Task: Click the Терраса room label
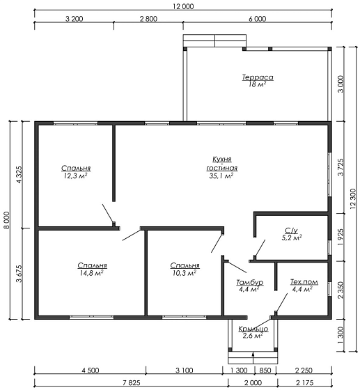click(258, 77)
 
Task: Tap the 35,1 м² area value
click(221, 175)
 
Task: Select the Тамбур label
click(249, 283)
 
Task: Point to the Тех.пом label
click(304, 282)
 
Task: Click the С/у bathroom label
click(291, 231)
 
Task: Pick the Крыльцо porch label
click(253, 329)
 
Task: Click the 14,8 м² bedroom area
click(92, 273)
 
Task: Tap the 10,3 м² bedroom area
click(185, 273)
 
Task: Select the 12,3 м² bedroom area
click(75, 175)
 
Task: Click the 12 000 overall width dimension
click(183, 6)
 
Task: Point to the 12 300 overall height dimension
click(353, 199)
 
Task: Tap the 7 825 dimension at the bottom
click(131, 382)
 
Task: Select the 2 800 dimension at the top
click(148, 19)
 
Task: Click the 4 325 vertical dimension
click(19, 175)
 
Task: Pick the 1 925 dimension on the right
click(341, 237)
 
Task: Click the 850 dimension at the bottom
click(265, 370)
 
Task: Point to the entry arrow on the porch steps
click(253, 358)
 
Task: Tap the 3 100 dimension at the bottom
click(185, 370)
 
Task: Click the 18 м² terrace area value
click(257, 84)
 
